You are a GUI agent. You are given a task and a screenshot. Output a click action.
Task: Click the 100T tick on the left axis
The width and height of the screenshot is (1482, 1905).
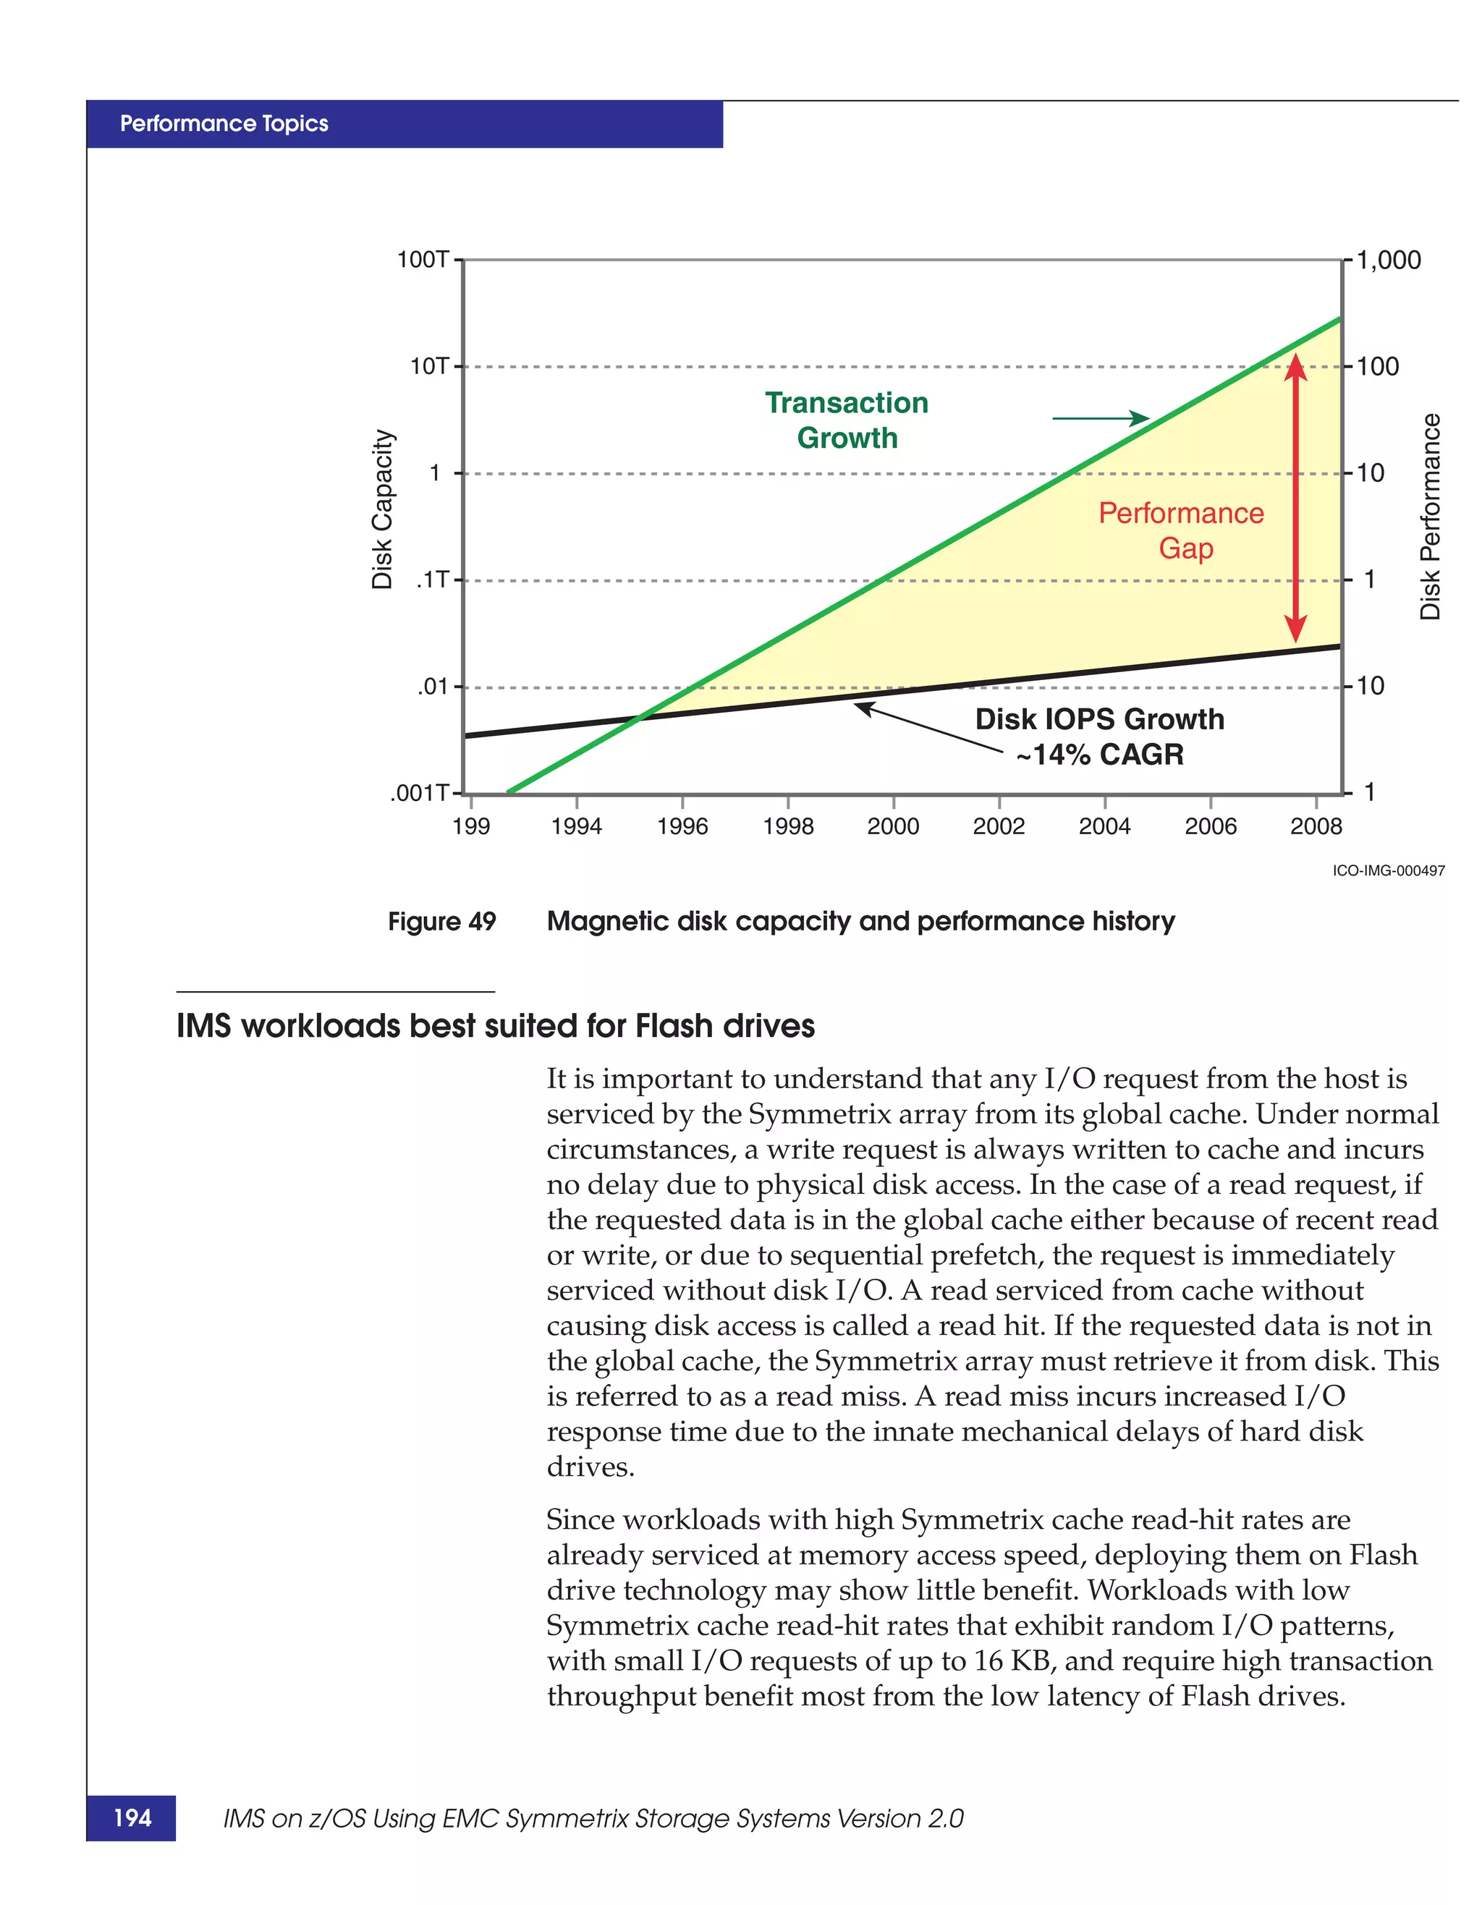(424, 260)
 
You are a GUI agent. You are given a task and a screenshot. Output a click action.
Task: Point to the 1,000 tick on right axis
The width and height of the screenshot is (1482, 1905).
(1389, 260)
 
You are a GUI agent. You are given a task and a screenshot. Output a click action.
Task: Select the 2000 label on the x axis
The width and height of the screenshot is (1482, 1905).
(892, 826)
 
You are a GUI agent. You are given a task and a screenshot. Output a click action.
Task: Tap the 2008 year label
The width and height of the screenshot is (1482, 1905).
(1316, 826)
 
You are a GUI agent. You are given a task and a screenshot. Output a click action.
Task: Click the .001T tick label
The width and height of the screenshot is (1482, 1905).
(420, 793)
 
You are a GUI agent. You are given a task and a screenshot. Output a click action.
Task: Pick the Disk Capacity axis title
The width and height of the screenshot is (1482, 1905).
(382, 509)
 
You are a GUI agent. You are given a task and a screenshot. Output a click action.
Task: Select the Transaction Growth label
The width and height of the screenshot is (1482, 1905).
(847, 420)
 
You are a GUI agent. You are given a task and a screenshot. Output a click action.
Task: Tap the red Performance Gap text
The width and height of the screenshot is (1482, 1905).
(1181, 530)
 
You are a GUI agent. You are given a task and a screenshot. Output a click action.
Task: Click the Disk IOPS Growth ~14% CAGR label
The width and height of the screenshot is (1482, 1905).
(1099, 737)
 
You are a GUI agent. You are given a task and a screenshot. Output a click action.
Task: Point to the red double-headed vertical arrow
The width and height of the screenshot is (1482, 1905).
(1296, 497)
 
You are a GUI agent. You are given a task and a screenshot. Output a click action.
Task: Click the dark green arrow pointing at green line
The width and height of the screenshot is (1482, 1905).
(1101, 419)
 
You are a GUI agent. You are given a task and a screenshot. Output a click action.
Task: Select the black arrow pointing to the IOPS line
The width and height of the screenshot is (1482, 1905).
(928, 726)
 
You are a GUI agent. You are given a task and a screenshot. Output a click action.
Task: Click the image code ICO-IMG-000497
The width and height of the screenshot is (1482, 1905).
(1389, 870)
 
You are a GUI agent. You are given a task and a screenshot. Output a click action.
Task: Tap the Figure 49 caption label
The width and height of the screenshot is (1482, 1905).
(441, 921)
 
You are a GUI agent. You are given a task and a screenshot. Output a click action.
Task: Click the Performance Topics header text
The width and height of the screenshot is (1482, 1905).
(224, 124)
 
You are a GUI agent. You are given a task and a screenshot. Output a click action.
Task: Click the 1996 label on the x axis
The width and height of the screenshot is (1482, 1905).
(682, 826)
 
